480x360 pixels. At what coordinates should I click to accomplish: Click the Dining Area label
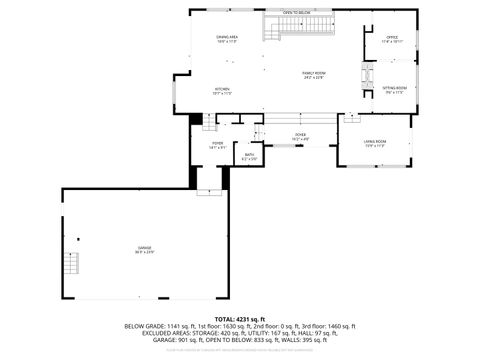[x=226, y=40]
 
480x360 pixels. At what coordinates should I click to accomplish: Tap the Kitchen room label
[x=222, y=91]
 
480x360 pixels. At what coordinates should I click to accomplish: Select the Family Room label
[x=314, y=74]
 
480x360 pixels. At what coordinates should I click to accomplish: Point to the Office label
[x=391, y=40]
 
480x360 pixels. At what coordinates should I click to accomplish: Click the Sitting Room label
[x=394, y=91]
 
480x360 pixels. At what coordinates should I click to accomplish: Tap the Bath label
[x=250, y=156]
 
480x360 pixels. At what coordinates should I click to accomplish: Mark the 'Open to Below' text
[x=296, y=13]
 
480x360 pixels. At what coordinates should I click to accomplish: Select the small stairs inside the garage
[x=70, y=265]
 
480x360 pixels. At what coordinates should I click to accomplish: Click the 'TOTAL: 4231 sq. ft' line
[x=239, y=319]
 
